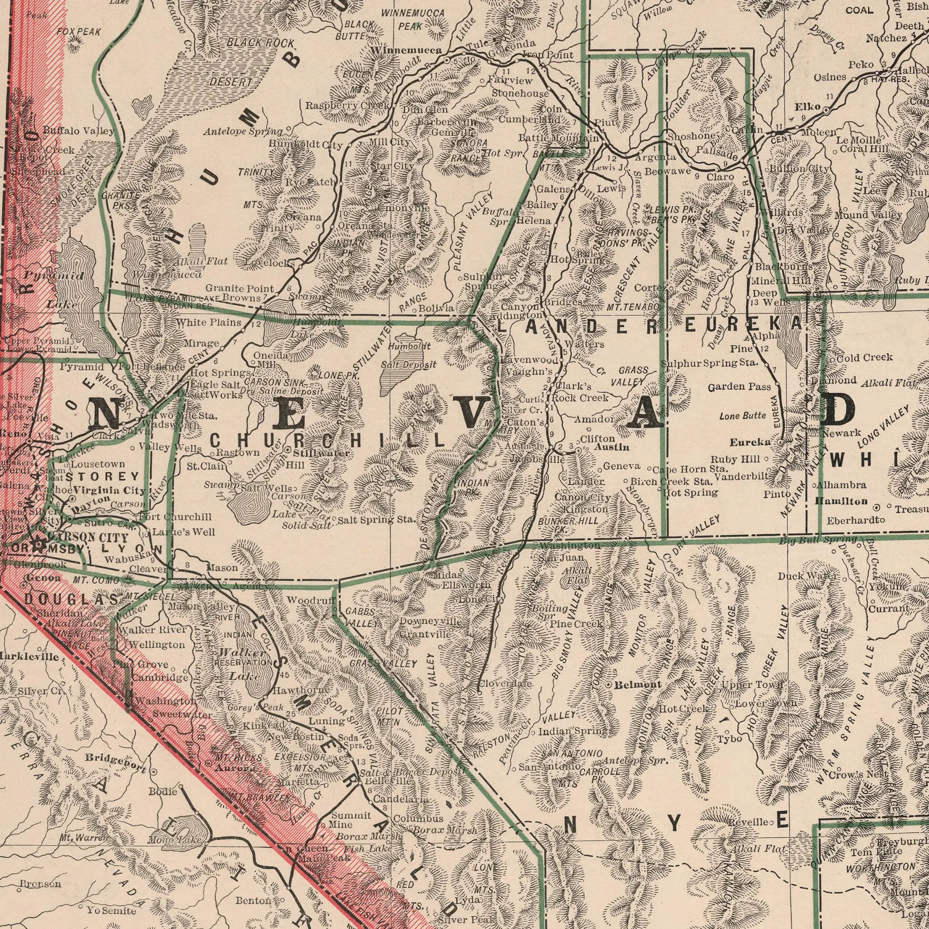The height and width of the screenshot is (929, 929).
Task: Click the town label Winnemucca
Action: pyautogui.click(x=406, y=50)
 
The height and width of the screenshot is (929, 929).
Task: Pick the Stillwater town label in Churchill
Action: pyautogui.click(x=321, y=453)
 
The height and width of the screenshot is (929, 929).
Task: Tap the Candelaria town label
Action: pyautogui.click(x=401, y=799)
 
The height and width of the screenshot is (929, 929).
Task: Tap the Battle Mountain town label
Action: pyautogui.click(x=559, y=138)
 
